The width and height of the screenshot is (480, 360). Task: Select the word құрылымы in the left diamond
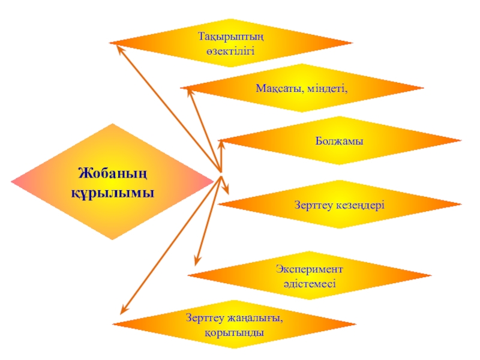click(x=113, y=193)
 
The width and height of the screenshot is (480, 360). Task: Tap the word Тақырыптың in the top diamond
click(x=231, y=37)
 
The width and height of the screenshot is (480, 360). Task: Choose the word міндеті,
click(x=328, y=88)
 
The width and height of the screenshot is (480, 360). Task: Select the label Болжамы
click(x=340, y=142)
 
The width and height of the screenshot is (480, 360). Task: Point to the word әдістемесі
click(x=310, y=283)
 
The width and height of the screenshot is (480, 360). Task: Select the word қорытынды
click(x=233, y=331)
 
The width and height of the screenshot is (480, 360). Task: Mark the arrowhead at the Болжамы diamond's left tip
click(x=221, y=143)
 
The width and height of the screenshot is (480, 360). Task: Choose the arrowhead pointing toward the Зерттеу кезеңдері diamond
click(x=227, y=191)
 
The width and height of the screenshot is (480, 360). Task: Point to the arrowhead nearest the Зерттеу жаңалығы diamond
click(x=123, y=310)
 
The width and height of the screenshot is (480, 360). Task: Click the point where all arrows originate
click(x=221, y=176)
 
